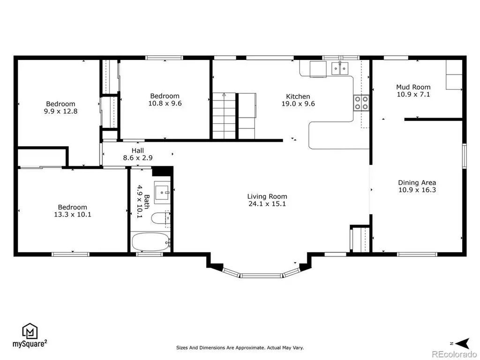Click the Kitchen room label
tap(298, 97)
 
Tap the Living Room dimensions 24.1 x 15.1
tap(267, 204)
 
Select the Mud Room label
tap(413, 87)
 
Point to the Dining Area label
tap(417, 183)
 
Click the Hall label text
tap(138, 150)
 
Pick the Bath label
tap(147, 202)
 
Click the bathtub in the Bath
tap(151, 241)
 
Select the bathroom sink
tap(162, 193)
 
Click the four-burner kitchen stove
tap(361, 103)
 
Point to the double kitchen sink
tap(340, 68)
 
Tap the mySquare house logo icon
tap(30, 331)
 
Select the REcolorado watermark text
tap(454, 354)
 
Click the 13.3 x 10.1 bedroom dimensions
tap(73, 215)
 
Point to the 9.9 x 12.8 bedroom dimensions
tap(60, 112)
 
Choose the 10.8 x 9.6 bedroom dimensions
tap(165, 104)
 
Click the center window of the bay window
tap(261, 276)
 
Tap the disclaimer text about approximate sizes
tap(240, 348)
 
